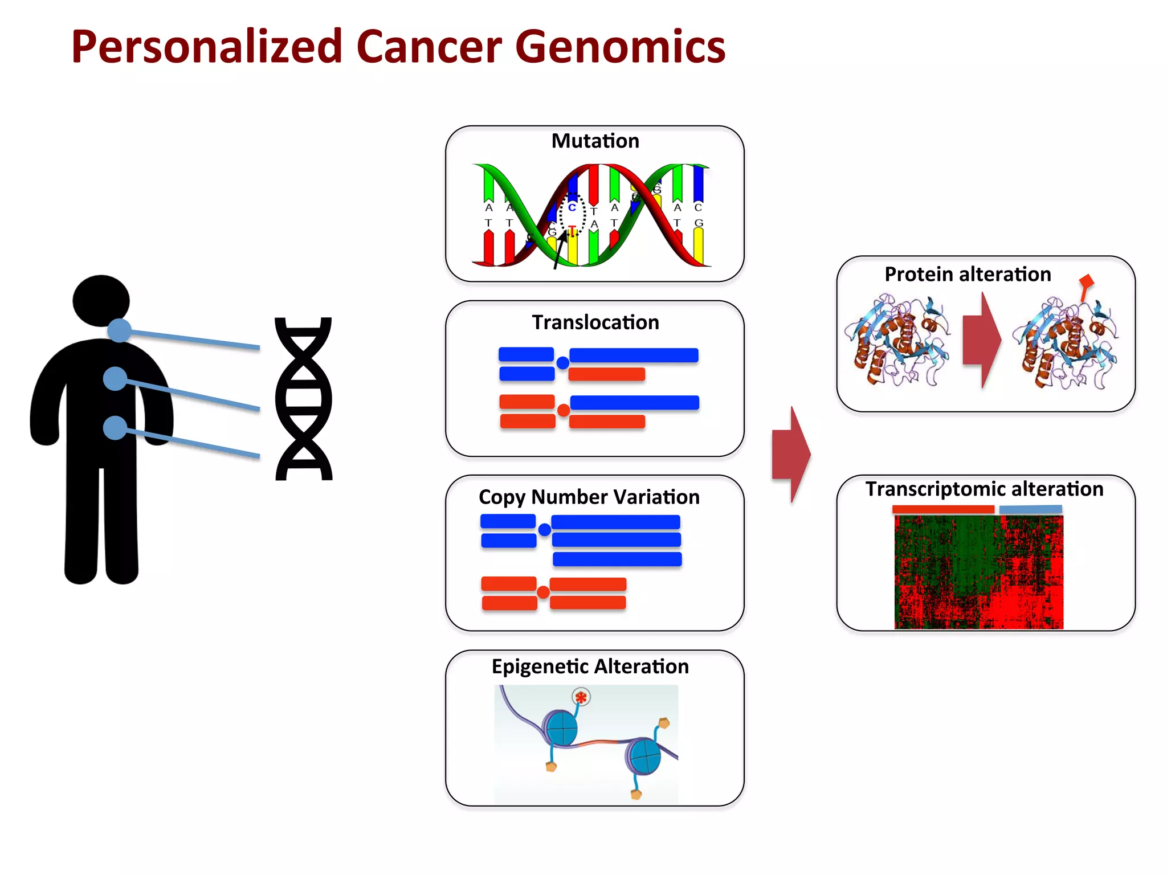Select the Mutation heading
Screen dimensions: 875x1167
click(x=595, y=141)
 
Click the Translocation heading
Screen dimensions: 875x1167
click(x=595, y=322)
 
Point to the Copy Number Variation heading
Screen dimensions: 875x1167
click(x=589, y=497)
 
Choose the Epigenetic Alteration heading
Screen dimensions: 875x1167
click(x=590, y=666)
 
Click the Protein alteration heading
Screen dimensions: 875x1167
click(x=967, y=275)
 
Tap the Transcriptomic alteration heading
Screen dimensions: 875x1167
click(x=984, y=489)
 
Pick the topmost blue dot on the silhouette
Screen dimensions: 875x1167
click(x=119, y=330)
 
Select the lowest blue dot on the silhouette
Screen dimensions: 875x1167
click(x=115, y=428)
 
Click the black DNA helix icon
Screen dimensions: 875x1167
click(x=303, y=399)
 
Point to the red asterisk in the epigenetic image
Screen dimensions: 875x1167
click(x=581, y=697)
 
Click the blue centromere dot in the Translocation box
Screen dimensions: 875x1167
click(x=562, y=363)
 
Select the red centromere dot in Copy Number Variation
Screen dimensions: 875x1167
click(x=543, y=592)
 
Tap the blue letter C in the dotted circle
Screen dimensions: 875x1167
click(x=572, y=208)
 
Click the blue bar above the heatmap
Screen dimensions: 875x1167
click(x=1030, y=509)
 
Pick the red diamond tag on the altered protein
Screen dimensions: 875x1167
click(x=1087, y=281)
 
